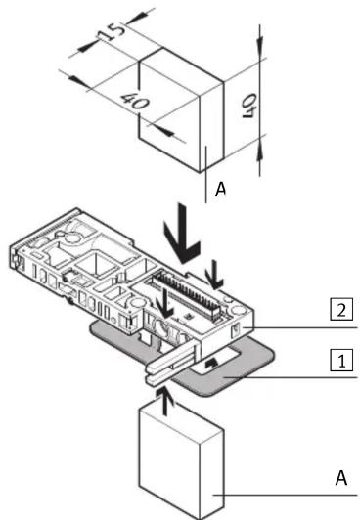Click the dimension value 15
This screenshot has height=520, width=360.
coord(112,32)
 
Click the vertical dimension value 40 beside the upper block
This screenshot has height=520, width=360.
coord(249,107)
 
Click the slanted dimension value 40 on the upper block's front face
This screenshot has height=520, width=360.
coord(135,102)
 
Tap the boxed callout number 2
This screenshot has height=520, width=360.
coord(341,310)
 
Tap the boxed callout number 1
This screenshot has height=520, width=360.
coord(341,360)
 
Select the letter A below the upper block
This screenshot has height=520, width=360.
coord(221,189)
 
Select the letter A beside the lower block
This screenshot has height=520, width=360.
coord(341,478)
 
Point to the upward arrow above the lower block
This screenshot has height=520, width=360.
coord(165,402)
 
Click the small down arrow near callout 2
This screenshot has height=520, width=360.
coord(214,275)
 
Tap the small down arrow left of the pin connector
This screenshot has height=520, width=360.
coord(164,303)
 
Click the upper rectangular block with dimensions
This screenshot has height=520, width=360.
coord(181,110)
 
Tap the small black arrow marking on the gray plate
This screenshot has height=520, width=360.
coord(211,364)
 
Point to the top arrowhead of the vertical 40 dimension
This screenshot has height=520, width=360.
coord(260,41)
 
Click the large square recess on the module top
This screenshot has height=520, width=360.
coord(96,264)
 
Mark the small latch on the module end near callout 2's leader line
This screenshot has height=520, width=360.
coord(236,330)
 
